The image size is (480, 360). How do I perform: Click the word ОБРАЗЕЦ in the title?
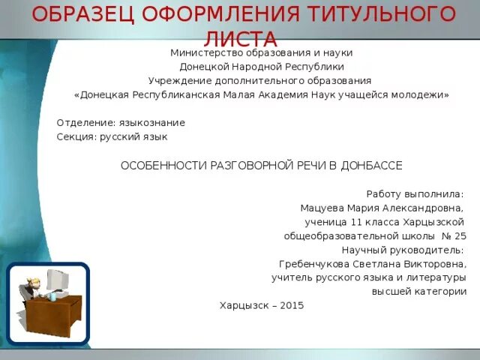click(82, 13)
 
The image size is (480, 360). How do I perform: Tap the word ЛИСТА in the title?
click(239, 39)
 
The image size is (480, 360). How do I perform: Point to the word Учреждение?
click(178, 81)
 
